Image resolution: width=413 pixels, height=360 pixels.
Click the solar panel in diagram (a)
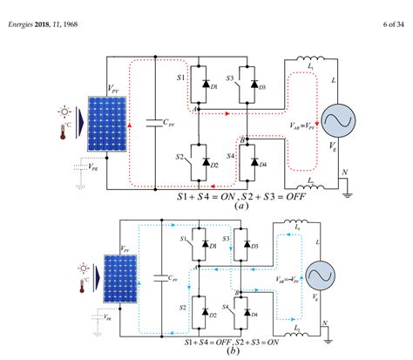coord(100,123)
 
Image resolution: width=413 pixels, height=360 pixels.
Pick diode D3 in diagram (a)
coord(255,85)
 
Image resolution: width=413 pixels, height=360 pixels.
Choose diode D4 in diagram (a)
coord(255,163)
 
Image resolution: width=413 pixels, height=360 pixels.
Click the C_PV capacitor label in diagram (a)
coord(176,125)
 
